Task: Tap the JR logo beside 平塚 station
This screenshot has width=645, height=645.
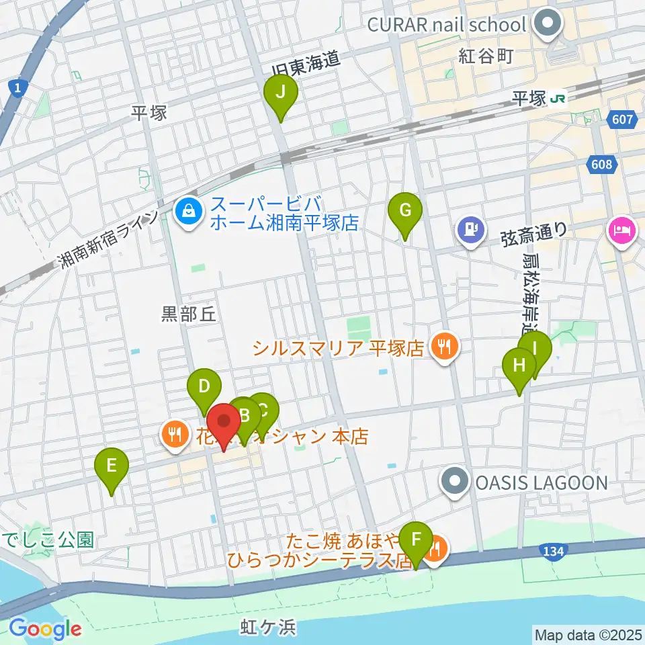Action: pos(557,99)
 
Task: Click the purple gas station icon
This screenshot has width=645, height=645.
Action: pos(471,230)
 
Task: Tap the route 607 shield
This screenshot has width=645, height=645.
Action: pos(623,120)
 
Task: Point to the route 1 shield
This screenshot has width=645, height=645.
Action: pos(16,87)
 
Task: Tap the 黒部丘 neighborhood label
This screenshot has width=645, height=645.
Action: pos(189,314)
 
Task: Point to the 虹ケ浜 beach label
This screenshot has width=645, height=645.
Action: pos(268,628)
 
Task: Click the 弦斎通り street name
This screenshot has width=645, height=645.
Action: pos(534,230)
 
